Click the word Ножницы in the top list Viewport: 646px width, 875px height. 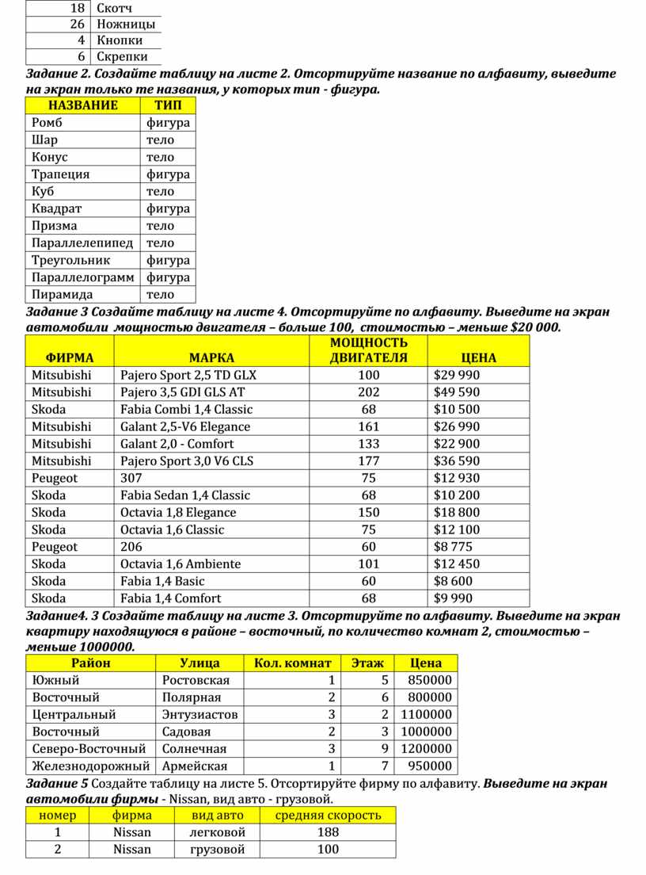pyautogui.click(x=126, y=24)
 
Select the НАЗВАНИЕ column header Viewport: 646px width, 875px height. pyautogui.click(x=82, y=105)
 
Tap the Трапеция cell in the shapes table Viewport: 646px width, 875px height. pyautogui.click(x=61, y=174)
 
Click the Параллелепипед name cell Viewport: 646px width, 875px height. pyautogui.click(x=82, y=243)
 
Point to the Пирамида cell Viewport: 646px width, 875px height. pyautogui.click(x=63, y=295)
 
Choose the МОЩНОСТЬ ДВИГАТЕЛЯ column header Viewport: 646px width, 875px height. pyautogui.click(x=369, y=350)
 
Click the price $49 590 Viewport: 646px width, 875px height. pyautogui.click(x=457, y=392)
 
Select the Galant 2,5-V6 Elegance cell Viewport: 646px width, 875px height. pyautogui.click(x=185, y=426)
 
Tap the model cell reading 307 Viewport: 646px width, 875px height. pyautogui.click(x=131, y=478)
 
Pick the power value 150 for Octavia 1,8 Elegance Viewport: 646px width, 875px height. pyautogui.click(x=369, y=513)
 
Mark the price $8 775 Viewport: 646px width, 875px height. pyautogui.click(x=454, y=547)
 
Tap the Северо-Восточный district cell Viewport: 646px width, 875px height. pyautogui.click(x=89, y=749)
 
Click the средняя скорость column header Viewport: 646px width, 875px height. pyautogui.click(x=328, y=816)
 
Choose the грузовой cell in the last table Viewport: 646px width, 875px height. pyautogui.click(x=218, y=850)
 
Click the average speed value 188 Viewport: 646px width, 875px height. pyautogui.click(x=328, y=832)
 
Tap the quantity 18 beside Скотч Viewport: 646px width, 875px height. pyautogui.click(x=78, y=7)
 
